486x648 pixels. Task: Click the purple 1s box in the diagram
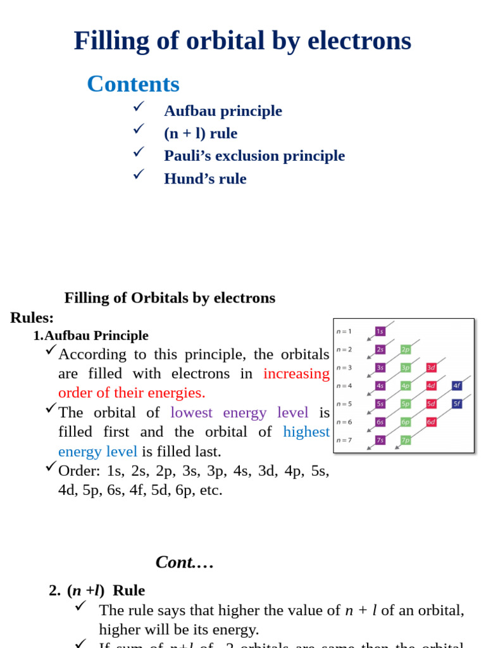point(380,331)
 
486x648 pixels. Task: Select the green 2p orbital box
point(406,349)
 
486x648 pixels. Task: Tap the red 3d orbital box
point(431,368)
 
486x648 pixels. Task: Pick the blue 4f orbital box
point(456,385)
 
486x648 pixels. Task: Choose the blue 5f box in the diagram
point(456,404)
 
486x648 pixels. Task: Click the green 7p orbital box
point(406,440)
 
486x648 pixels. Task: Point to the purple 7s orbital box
point(380,440)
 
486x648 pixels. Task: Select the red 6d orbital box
point(431,421)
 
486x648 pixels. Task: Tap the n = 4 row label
point(344,385)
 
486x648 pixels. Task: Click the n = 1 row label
point(344,331)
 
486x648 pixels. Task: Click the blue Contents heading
point(133,84)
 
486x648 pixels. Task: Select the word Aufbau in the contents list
point(187,111)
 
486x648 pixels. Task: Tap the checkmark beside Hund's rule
point(139,174)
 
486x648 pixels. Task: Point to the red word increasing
point(296,373)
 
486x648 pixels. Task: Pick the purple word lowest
point(192,413)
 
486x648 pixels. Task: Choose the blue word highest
point(306,432)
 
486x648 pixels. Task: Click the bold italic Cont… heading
point(184,562)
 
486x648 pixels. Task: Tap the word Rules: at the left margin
point(32,318)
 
